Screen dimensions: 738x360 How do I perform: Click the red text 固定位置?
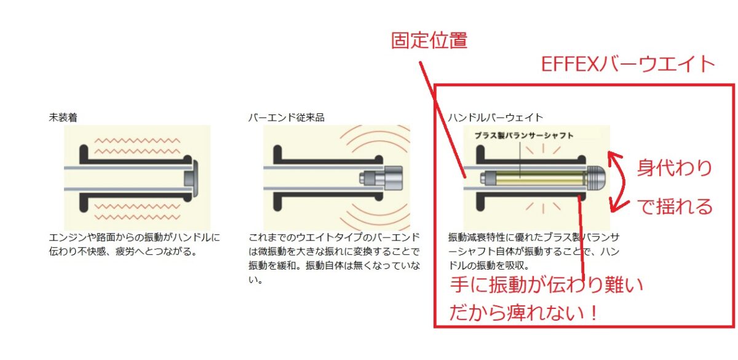coord(429,41)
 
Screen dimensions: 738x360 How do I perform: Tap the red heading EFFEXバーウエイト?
coord(628,64)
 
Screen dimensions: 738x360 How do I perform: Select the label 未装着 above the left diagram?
coord(63,118)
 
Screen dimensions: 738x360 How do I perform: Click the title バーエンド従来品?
coord(287,118)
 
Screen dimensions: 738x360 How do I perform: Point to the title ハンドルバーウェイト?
coord(496,118)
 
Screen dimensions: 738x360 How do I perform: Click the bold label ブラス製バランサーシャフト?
coord(524,135)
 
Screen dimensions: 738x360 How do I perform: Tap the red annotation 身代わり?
coord(675,168)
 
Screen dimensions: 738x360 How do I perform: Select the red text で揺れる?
coord(675,207)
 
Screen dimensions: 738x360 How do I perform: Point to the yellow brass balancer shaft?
coord(541,178)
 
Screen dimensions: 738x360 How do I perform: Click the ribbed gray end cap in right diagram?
coord(597,178)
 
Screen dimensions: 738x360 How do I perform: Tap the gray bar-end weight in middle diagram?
coord(381,178)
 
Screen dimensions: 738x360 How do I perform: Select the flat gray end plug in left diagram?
coord(191,178)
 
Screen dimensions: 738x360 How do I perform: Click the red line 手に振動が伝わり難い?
coord(547,284)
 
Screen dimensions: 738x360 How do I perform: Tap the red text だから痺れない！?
coord(523,312)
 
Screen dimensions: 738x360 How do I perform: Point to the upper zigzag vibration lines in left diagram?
coord(137,146)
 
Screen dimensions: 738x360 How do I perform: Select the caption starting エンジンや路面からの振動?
coord(135,244)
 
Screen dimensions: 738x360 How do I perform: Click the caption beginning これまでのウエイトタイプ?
coord(334,258)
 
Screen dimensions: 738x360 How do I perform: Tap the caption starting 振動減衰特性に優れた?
coord(534,251)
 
